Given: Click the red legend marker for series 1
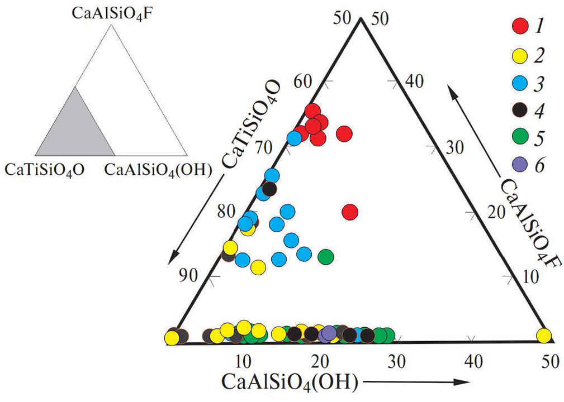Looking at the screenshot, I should click(x=520, y=25).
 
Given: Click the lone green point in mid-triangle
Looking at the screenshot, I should click(x=326, y=256).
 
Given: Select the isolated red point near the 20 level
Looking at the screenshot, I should click(x=350, y=212).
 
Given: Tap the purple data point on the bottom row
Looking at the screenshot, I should click(x=329, y=334).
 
